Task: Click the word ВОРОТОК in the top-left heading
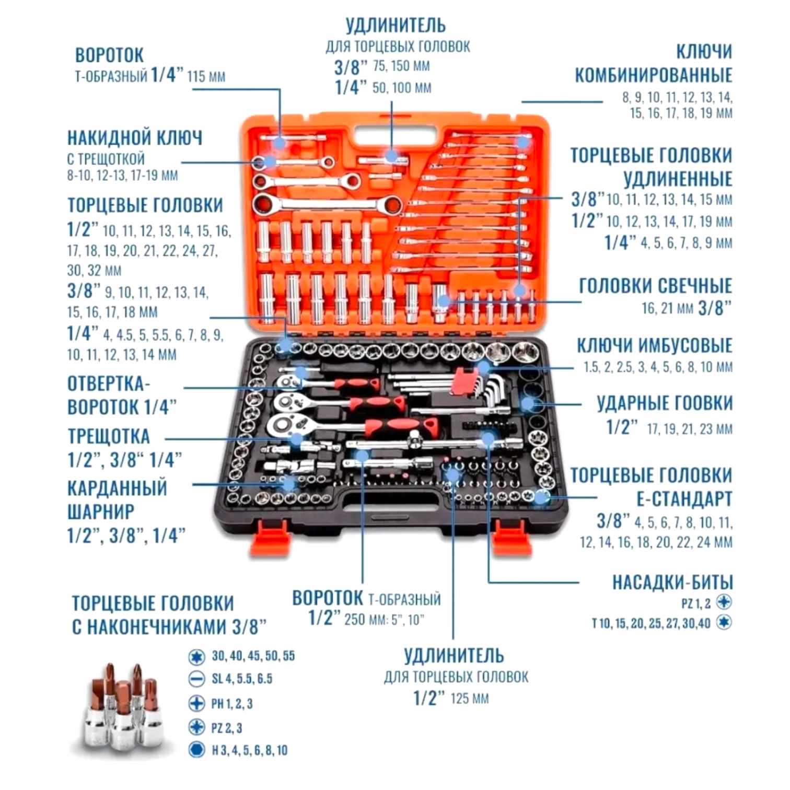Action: click(x=109, y=55)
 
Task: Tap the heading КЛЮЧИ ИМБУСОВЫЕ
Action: click(x=654, y=346)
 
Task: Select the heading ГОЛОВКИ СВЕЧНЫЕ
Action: click(x=655, y=286)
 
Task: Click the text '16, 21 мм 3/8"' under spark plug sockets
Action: click(x=686, y=308)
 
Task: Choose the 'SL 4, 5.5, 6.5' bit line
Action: click(x=242, y=679)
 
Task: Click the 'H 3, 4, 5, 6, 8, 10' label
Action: click(x=249, y=751)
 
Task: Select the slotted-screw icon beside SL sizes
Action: click(x=196, y=679)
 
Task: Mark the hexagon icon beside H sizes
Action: click(x=196, y=750)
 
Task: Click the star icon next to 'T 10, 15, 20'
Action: click(x=724, y=622)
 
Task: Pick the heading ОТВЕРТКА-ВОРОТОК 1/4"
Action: click(x=122, y=396)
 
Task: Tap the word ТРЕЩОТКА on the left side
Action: click(x=109, y=437)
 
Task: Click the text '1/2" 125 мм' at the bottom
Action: click(x=451, y=699)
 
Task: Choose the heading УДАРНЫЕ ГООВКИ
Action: click(x=665, y=404)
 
